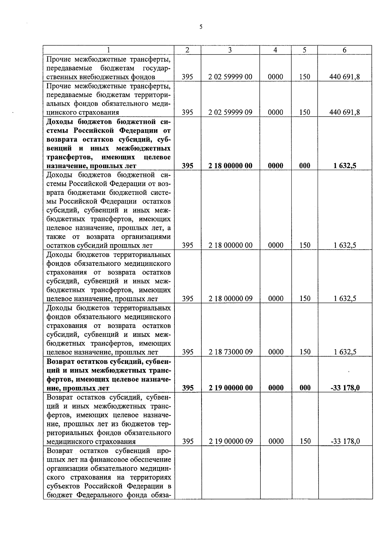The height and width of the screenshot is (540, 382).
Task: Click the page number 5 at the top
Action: coord(201,27)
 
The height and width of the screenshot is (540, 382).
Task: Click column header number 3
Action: coord(230,50)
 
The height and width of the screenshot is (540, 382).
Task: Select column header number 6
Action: coord(344,50)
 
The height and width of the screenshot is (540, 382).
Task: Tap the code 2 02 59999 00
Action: coord(230,77)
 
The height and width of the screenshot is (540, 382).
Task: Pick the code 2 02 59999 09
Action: coord(230,112)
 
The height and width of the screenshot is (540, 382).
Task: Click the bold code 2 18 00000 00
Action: coord(230,166)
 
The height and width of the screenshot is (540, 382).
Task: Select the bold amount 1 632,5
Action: coord(345,166)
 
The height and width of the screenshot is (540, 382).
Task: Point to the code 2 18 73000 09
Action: coord(230,352)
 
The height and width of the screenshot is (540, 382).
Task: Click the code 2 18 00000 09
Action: coord(230,299)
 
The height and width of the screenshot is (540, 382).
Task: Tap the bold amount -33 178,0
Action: coord(345,388)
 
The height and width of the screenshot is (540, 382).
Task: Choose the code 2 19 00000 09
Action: coord(230,441)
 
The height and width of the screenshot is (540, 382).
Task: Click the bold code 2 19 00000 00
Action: coord(230,388)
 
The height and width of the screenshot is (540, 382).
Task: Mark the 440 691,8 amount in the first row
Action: coord(345,77)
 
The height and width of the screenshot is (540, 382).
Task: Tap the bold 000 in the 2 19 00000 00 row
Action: coord(305,388)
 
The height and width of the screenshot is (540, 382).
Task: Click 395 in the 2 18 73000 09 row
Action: coord(187,352)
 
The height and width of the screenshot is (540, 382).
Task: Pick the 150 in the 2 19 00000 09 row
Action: coord(305,441)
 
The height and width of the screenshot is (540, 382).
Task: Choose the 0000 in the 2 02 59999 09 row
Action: coord(275,112)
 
